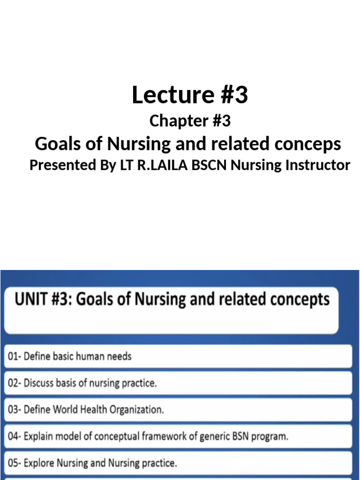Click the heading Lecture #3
[189, 96]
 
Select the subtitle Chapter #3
[189, 121]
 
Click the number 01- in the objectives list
[14, 356]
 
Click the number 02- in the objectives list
[14, 383]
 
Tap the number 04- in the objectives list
[14, 437]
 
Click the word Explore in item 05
[39, 464]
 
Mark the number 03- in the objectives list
[14, 410]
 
